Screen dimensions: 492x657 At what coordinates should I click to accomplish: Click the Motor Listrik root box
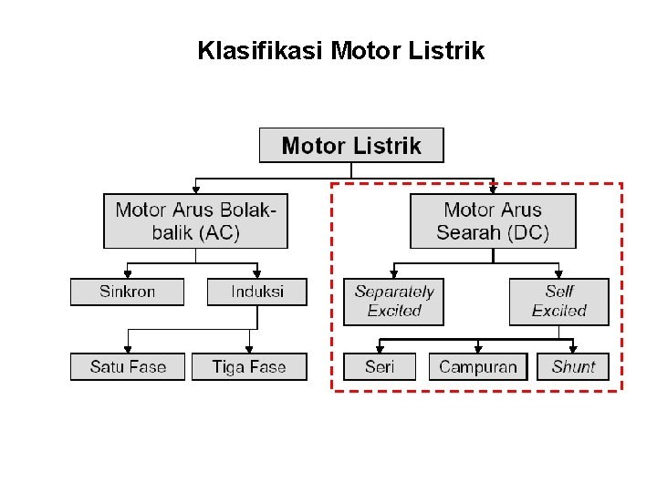pyautogui.click(x=351, y=146)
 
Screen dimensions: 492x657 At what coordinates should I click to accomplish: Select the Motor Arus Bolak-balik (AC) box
pyautogui.click(x=195, y=220)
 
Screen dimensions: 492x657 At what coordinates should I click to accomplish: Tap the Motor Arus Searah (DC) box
pyautogui.click(x=493, y=220)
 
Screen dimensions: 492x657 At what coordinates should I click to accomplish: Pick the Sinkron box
pyautogui.click(x=127, y=292)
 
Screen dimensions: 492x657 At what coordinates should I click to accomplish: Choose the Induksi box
pyautogui.click(x=256, y=292)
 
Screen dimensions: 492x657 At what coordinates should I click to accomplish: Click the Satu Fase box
pyautogui.click(x=128, y=367)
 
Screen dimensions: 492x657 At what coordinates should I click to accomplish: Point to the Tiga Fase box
pyautogui.click(x=249, y=367)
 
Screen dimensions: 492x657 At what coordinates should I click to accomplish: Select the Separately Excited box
pyautogui.click(x=393, y=302)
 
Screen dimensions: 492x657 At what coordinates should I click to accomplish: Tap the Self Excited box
pyautogui.click(x=558, y=302)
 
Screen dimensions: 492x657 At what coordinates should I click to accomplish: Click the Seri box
pyautogui.click(x=379, y=367)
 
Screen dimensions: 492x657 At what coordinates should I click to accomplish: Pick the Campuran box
pyautogui.click(x=477, y=367)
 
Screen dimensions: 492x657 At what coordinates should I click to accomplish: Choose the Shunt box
pyautogui.click(x=573, y=367)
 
